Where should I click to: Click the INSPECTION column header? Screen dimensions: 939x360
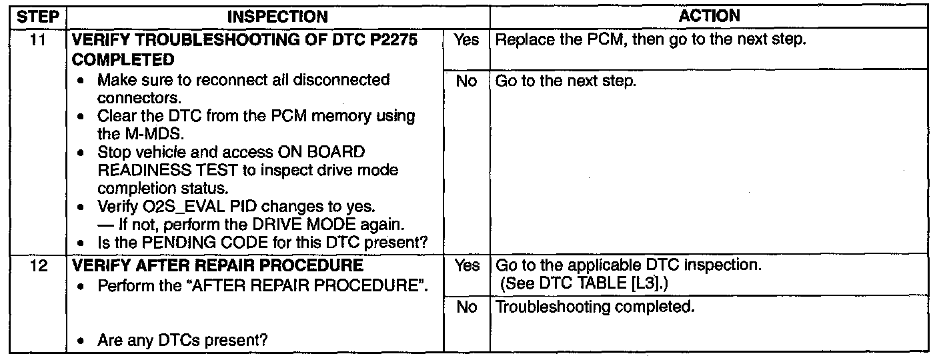pyautogui.click(x=279, y=15)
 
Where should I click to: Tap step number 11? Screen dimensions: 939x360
pyautogui.click(x=38, y=40)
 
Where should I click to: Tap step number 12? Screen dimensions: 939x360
pyautogui.click(x=38, y=266)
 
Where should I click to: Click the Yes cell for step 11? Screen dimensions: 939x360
pyautogui.click(x=466, y=40)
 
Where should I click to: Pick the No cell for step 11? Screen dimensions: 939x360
pyautogui.click(x=466, y=81)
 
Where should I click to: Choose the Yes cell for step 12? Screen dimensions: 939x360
pyautogui.click(x=466, y=266)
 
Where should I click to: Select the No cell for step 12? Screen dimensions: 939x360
pyautogui.click(x=466, y=307)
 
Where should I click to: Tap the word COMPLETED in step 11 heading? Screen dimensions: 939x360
pyautogui.click(x=122, y=60)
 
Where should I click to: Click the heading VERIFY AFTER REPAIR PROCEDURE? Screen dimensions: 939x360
pyautogui.click(x=217, y=266)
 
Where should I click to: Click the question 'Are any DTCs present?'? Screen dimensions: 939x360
pyautogui.click(x=182, y=341)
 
